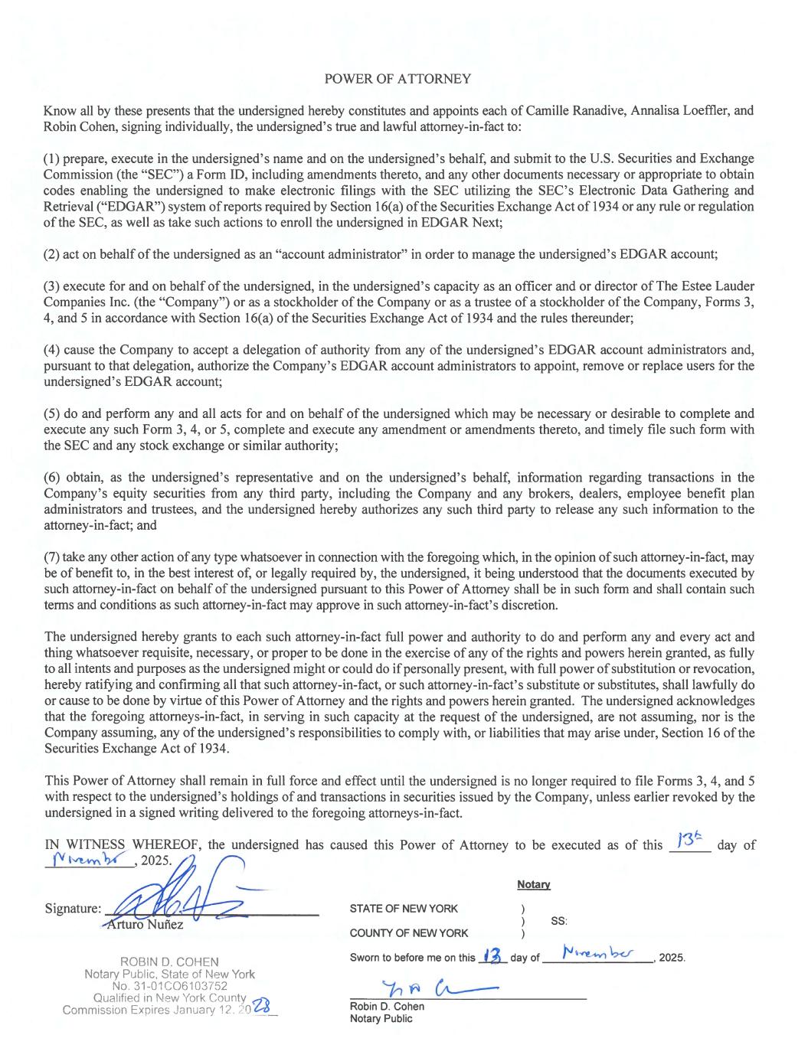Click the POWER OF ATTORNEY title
click(397, 79)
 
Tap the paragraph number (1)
click(54, 159)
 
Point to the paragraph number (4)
click(54, 350)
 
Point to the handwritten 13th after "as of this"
click(687, 841)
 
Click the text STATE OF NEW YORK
click(404, 909)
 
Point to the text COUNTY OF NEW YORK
click(409, 932)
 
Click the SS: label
click(559, 921)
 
